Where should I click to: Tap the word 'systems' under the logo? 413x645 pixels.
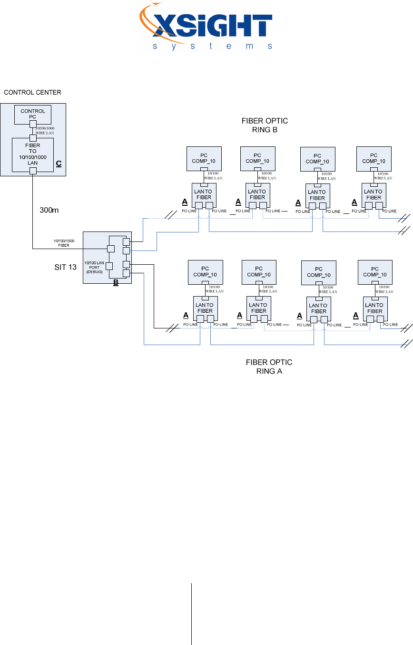[213, 47]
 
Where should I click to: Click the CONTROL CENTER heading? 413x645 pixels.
[32, 92]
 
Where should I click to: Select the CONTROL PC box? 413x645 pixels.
[33, 114]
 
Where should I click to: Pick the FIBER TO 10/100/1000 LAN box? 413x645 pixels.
[32, 154]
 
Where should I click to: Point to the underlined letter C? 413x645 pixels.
[59, 164]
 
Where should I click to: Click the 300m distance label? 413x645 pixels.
[49, 210]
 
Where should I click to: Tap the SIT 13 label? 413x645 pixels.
[65, 267]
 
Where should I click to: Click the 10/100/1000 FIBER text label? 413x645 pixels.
[64, 243]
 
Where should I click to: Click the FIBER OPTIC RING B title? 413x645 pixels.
[265, 125]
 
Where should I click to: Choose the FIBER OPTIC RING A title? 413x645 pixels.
[269, 366]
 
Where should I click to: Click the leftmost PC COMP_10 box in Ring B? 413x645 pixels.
[204, 158]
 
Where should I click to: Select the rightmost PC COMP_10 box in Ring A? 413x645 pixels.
[375, 272]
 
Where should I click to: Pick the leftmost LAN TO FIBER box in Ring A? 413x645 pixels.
[205, 308]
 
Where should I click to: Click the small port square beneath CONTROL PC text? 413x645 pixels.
[33, 125]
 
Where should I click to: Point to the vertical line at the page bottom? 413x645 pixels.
[191, 614]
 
